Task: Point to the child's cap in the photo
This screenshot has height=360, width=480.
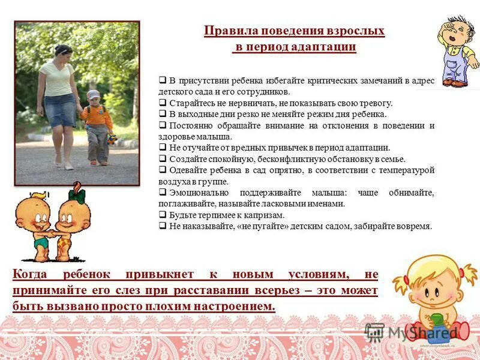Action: pos(94,94)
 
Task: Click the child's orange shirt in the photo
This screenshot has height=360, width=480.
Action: pos(96,116)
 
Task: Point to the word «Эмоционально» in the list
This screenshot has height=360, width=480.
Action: pos(202,193)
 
